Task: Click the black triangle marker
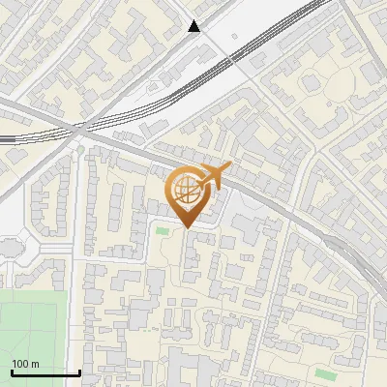point(194,27)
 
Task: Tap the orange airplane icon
point(214,176)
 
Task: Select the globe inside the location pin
point(186,190)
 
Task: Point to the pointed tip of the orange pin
point(186,228)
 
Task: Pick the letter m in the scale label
point(35,364)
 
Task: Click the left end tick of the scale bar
point(12,372)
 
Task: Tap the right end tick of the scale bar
point(79,372)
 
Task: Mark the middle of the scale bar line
point(45,373)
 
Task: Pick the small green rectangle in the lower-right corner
point(326,373)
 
